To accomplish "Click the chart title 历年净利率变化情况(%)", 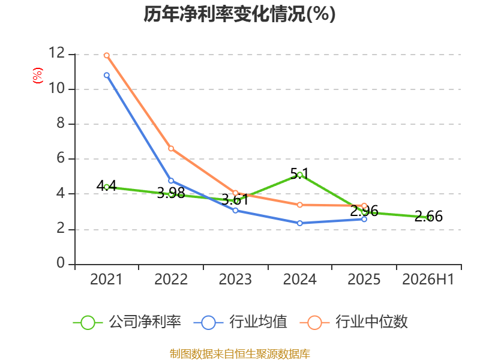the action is click(239, 14).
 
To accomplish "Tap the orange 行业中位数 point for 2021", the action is click(107, 55).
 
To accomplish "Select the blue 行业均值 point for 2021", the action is click(107, 75).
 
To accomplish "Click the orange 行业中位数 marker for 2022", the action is click(171, 148).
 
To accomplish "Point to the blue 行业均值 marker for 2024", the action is click(300, 223).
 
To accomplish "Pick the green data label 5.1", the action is click(299, 173).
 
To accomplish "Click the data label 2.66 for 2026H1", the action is click(428, 216).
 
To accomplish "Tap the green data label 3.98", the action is click(171, 193).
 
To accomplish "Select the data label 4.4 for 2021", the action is click(107, 185).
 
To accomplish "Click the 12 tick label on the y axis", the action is click(56, 53).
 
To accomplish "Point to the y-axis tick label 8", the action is click(61, 123).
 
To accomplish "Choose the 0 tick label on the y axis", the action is click(61, 263).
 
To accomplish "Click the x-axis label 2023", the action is click(235, 279).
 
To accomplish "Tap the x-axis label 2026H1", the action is click(428, 279).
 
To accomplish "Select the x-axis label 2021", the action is click(106, 279).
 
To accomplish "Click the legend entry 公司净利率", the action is click(127, 322).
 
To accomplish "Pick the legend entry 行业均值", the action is click(241, 322).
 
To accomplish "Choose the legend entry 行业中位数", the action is click(353, 322).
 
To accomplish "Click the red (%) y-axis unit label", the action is click(38, 76).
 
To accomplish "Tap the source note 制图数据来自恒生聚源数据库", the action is click(239, 354).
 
